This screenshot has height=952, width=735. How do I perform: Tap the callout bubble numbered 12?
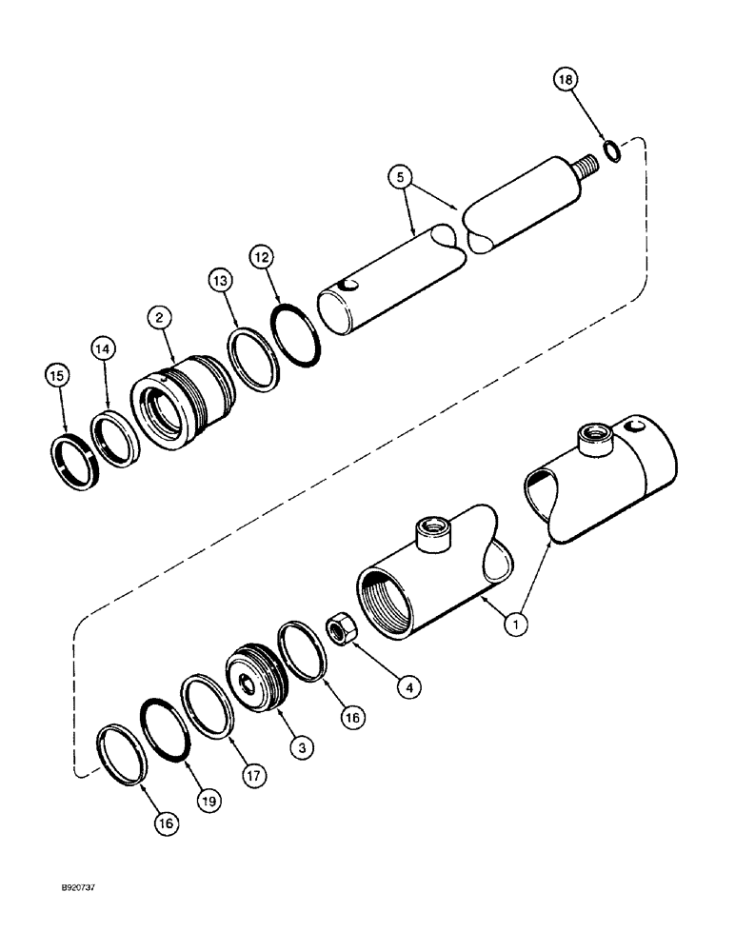pyautogui.click(x=263, y=257)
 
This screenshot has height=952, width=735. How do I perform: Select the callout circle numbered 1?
pyautogui.click(x=515, y=625)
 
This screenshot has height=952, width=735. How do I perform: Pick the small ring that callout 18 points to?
pyautogui.click(x=614, y=149)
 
